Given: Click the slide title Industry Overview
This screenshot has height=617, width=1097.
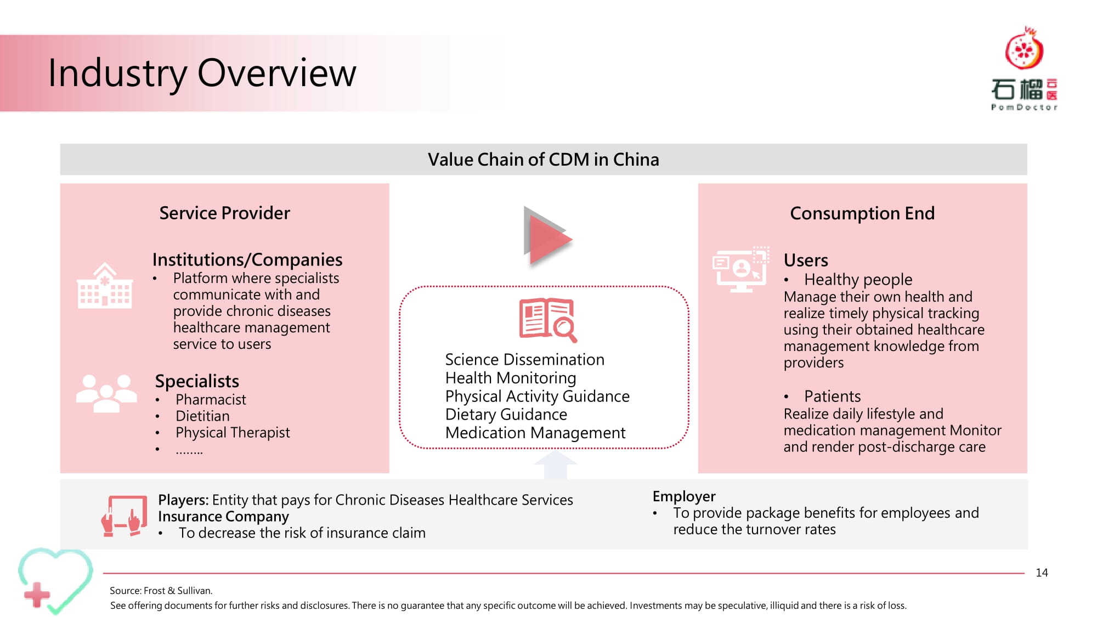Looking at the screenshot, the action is point(202,73).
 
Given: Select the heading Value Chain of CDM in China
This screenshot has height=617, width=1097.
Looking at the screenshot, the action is point(543,160).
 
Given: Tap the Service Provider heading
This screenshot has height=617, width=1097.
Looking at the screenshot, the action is point(224,213).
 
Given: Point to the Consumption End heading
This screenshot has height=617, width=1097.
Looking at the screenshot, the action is point(862,213).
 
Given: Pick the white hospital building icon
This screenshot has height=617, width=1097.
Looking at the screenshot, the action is point(104,285).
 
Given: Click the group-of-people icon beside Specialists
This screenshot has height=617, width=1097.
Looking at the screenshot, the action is point(106,393).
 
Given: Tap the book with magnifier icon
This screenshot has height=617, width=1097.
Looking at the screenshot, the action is point(548,320).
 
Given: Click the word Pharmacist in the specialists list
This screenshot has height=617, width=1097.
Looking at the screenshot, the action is point(211,399).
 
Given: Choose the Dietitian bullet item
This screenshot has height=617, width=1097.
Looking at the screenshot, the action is point(202,416).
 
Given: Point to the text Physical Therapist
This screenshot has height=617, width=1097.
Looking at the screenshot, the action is point(233,433).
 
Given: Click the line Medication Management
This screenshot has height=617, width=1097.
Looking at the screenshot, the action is point(535,433).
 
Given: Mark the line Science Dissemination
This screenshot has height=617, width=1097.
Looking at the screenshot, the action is point(525,359).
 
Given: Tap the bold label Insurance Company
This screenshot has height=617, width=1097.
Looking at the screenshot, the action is point(223,517).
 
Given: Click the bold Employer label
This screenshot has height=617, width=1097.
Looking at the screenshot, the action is point(684,496).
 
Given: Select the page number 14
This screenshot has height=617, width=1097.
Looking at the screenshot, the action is point(1042,573).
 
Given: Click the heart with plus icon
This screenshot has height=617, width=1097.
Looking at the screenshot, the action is point(55,581).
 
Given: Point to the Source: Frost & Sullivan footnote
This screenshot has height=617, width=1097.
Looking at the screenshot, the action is point(161,591).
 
